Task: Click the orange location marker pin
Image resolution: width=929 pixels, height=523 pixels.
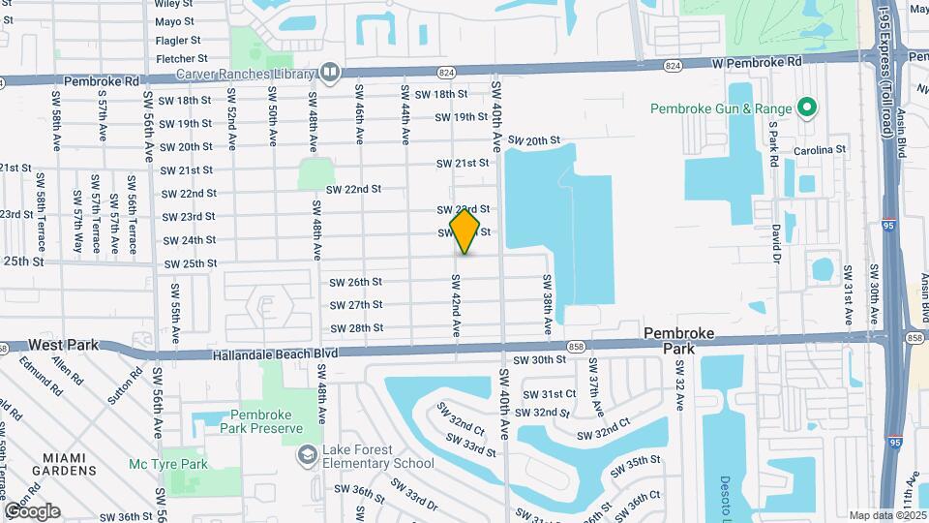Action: pos(464,231)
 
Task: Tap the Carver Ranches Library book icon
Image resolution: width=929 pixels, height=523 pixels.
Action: pos(330,72)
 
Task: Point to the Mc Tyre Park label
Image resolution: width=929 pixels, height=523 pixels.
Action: pos(168,464)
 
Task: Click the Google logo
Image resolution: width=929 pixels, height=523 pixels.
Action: pos(32,511)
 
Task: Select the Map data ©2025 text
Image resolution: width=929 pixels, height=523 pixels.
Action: pos(887,515)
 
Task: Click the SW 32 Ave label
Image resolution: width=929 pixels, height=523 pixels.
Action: pos(679,386)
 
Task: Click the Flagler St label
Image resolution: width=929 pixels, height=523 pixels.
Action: pos(178,41)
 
